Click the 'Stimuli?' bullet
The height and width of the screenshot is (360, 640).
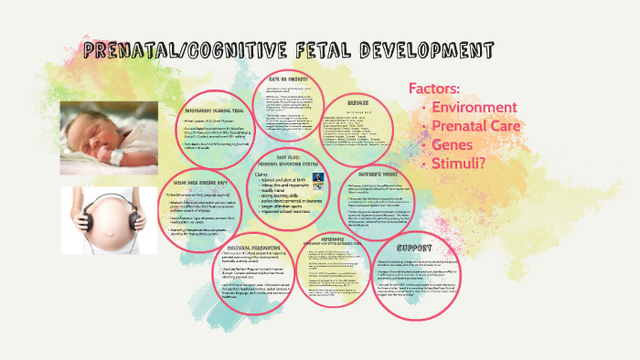pos(459,164)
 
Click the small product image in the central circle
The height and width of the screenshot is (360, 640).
pos(317,178)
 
